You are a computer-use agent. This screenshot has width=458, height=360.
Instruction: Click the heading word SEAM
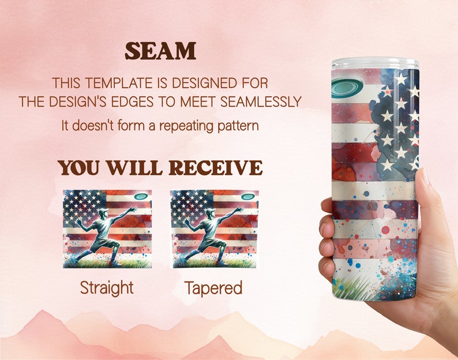click(160, 51)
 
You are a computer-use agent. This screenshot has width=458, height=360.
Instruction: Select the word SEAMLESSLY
click(261, 102)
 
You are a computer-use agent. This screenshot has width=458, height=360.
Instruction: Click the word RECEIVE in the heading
click(216, 168)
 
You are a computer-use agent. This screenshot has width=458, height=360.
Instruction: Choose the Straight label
click(107, 288)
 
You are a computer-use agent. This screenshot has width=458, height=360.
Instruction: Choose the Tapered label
click(213, 288)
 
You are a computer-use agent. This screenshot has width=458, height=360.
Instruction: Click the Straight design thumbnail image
click(107, 229)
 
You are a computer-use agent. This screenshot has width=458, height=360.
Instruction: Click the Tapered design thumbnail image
click(215, 229)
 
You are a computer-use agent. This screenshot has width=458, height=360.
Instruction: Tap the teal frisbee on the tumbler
click(347, 87)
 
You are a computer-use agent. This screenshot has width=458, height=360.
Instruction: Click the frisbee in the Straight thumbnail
click(141, 196)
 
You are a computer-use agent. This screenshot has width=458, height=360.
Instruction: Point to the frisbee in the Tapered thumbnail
click(248, 196)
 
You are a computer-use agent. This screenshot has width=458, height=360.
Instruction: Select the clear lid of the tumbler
click(376, 63)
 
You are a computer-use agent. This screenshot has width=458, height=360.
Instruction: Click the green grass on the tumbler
click(352, 288)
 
